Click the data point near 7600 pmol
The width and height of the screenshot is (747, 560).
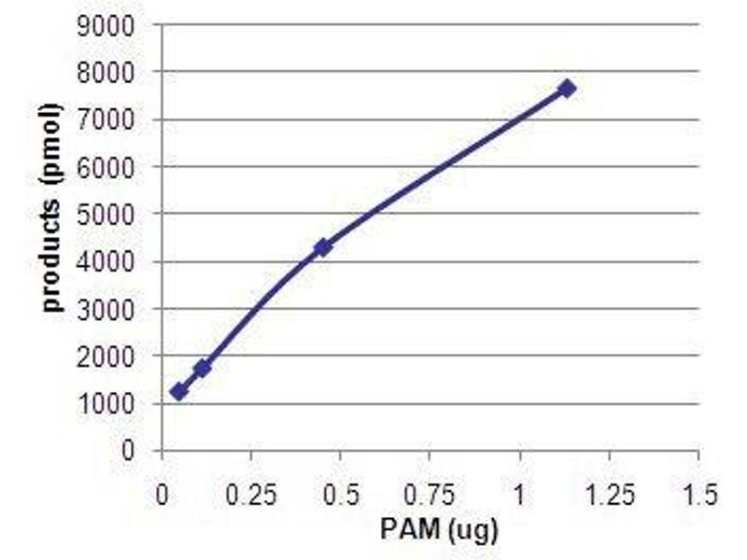point(566,88)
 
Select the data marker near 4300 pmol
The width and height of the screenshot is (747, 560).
point(323,247)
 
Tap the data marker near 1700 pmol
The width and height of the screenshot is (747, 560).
point(202,368)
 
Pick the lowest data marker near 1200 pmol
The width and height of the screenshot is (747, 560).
point(178,392)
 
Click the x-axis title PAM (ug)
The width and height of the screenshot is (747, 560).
point(439,529)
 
